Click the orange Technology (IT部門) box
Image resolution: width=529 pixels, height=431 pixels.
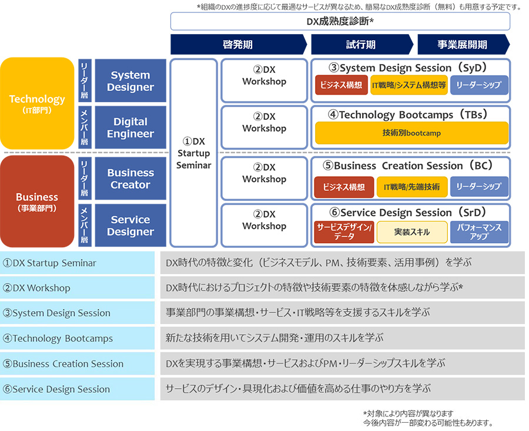click(x=37, y=103)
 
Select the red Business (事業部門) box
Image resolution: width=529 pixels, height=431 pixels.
click(x=37, y=201)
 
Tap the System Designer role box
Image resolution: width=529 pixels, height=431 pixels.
click(x=130, y=81)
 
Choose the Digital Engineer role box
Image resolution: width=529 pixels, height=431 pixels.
click(x=130, y=127)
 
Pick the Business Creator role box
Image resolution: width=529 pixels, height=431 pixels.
click(x=130, y=179)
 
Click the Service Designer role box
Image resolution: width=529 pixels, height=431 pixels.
click(x=130, y=225)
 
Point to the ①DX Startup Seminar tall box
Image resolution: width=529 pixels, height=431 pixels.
click(x=193, y=153)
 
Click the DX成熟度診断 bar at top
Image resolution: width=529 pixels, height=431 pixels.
click(x=340, y=21)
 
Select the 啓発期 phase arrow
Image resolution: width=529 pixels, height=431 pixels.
click(x=237, y=45)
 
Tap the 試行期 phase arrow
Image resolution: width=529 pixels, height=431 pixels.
click(x=361, y=45)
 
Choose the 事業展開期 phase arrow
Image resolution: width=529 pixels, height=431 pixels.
click(x=462, y=45)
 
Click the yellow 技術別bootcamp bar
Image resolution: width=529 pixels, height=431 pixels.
click(x=411, y=133)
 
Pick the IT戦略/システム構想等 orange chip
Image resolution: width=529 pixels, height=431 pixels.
click(x=409, y=85)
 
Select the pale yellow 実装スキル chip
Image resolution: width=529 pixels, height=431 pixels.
click(x=411, y=232)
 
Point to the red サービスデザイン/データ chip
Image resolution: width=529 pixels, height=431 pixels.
click(x=344, y=232)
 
